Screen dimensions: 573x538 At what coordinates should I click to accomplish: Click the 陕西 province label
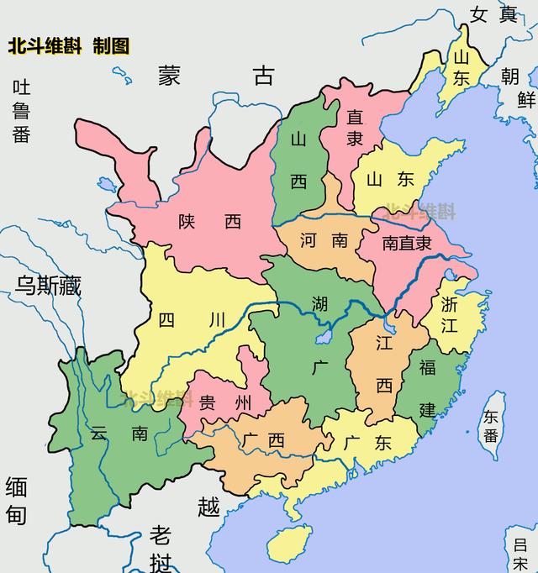coord(209,222)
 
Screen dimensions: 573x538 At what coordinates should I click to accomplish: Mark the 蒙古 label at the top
coord(215,76)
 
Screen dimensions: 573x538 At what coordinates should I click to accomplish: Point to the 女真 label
coord(494,14)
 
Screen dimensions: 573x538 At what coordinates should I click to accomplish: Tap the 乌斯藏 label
coord(48,286)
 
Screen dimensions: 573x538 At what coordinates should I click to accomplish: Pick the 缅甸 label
coord(17,500)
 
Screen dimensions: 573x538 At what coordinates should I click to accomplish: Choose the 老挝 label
coord(161,547)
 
